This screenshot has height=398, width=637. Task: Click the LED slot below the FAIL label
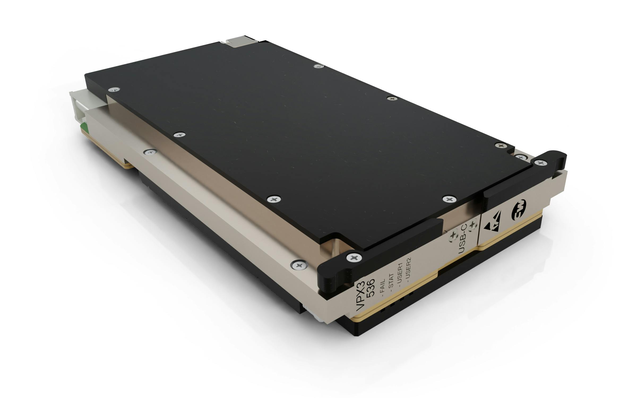(x=382, y=310)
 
